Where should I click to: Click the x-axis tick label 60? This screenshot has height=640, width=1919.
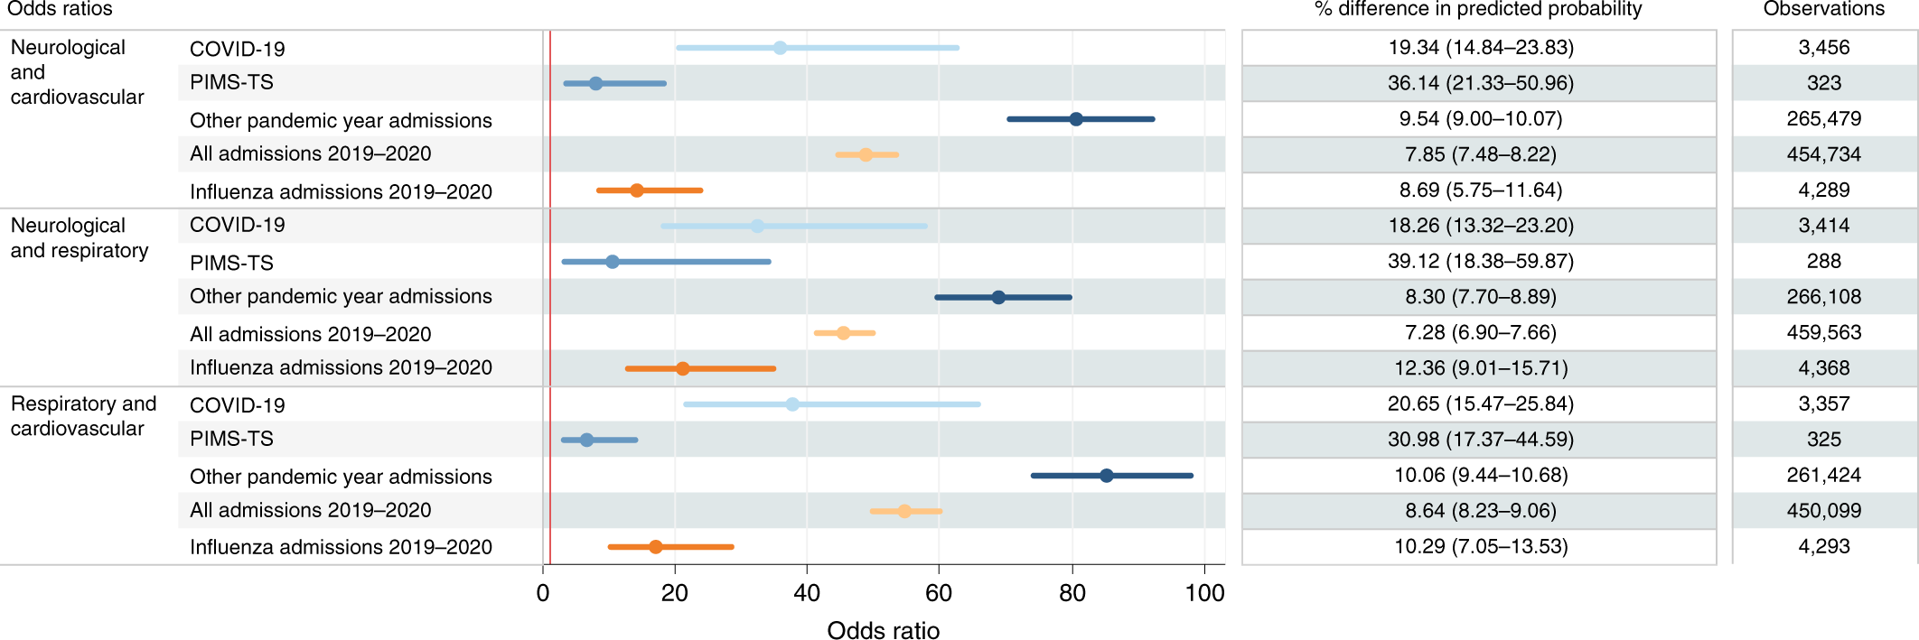(x=939, y=593)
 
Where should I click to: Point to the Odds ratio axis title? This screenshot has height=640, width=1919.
(x=883, y=630)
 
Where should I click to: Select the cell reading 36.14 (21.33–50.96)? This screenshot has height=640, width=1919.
(x=1480, y=83)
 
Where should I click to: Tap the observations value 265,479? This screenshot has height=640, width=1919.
(x=1823, y=118)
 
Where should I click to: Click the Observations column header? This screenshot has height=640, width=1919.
(x=1823, y=10)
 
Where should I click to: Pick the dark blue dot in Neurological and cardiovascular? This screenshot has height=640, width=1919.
(x=1076, y=119)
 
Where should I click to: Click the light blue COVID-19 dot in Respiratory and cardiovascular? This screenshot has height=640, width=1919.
(x=792, y=404)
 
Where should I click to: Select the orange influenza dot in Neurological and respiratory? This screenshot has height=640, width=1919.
(x=683, y=368)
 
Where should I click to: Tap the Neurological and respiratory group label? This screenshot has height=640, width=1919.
(x=80, y=238)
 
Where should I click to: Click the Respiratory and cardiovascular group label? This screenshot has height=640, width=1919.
(x=83, y=416)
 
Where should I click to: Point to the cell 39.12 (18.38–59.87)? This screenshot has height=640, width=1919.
(x=1480, y=261)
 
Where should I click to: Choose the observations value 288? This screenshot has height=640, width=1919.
(x=1823, y=261)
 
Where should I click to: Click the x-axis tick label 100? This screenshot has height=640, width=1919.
(x=1204, y=593)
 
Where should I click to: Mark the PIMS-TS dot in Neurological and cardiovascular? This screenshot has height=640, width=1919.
(x=595, y=83)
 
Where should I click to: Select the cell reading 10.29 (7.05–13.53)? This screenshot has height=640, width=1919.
(x=1480, y=546)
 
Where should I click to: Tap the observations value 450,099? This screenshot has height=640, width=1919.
(x=1823, y=510)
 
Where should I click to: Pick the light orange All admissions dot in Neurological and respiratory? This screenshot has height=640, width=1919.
(x=843, y=333)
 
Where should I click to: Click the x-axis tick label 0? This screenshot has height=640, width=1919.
(x=543, y=593)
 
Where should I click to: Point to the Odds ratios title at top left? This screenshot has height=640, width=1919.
(x=60, y=9)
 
